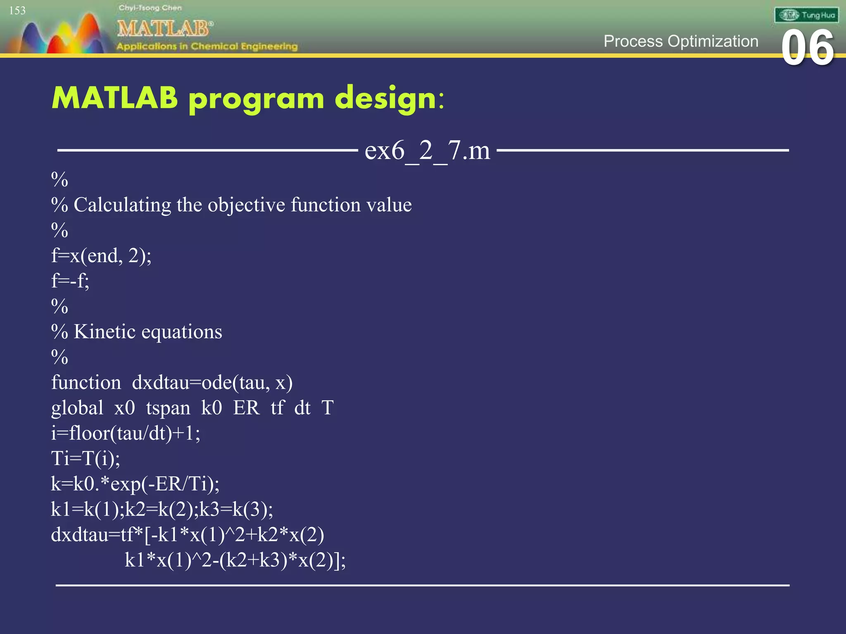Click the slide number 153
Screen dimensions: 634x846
[x=17, y=11]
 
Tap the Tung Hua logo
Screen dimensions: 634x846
[x=806, y=15]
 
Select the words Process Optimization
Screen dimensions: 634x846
[x=681, y=41]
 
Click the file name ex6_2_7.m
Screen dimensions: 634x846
[x=427, y=150]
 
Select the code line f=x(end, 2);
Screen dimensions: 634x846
[x=101, y=256]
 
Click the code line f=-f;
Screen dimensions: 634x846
[x=70, y=281]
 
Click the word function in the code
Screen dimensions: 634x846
[x=86, y=383]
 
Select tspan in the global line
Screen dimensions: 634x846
[x=168, y=408]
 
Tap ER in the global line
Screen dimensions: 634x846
[x=246, y=408]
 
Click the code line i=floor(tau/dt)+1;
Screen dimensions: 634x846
[x=126, y=433]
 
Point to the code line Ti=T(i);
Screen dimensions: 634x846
[x=86, y=459]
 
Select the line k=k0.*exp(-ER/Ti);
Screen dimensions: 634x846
[x=135, y=484]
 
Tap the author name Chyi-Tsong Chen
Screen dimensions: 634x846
[x=150, y=8]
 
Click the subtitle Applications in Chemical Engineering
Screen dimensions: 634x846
[x=207, y=46]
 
